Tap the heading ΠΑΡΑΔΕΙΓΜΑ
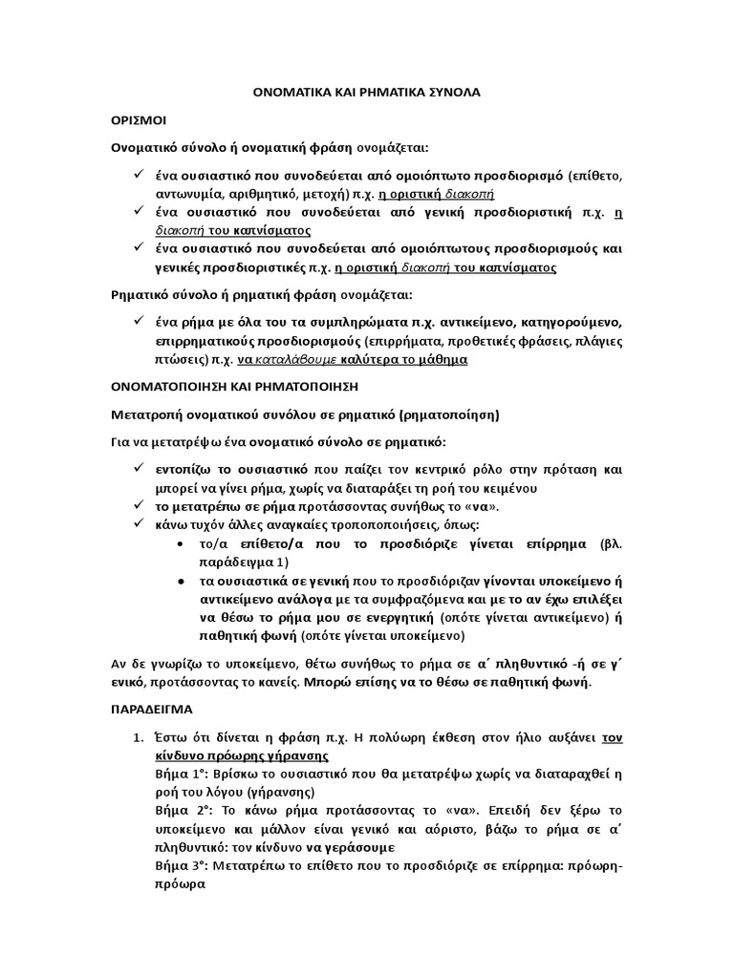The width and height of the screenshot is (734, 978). (x=150, y=711)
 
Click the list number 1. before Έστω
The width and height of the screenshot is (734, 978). (x=137, y=737)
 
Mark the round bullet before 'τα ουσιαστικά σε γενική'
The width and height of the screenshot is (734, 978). (x=182, y=582)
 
